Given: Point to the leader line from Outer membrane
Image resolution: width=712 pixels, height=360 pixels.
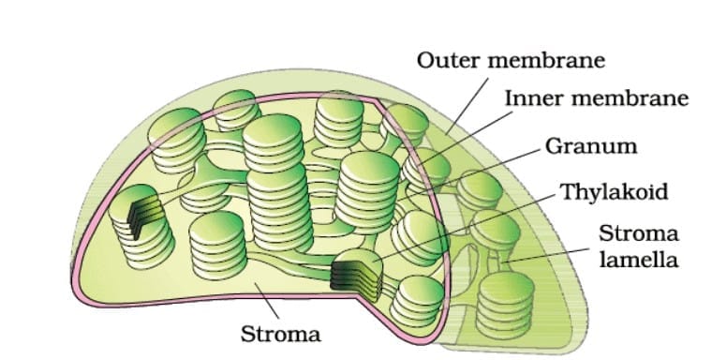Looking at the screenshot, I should (x=469, y=103).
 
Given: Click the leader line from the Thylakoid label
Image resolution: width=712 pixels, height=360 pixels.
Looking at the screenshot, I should (x=468, y=229).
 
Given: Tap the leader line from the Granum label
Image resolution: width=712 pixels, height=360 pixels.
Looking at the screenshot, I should (x=497, y=169).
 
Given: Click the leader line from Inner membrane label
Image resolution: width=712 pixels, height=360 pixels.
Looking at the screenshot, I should (x=468, y=137).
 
